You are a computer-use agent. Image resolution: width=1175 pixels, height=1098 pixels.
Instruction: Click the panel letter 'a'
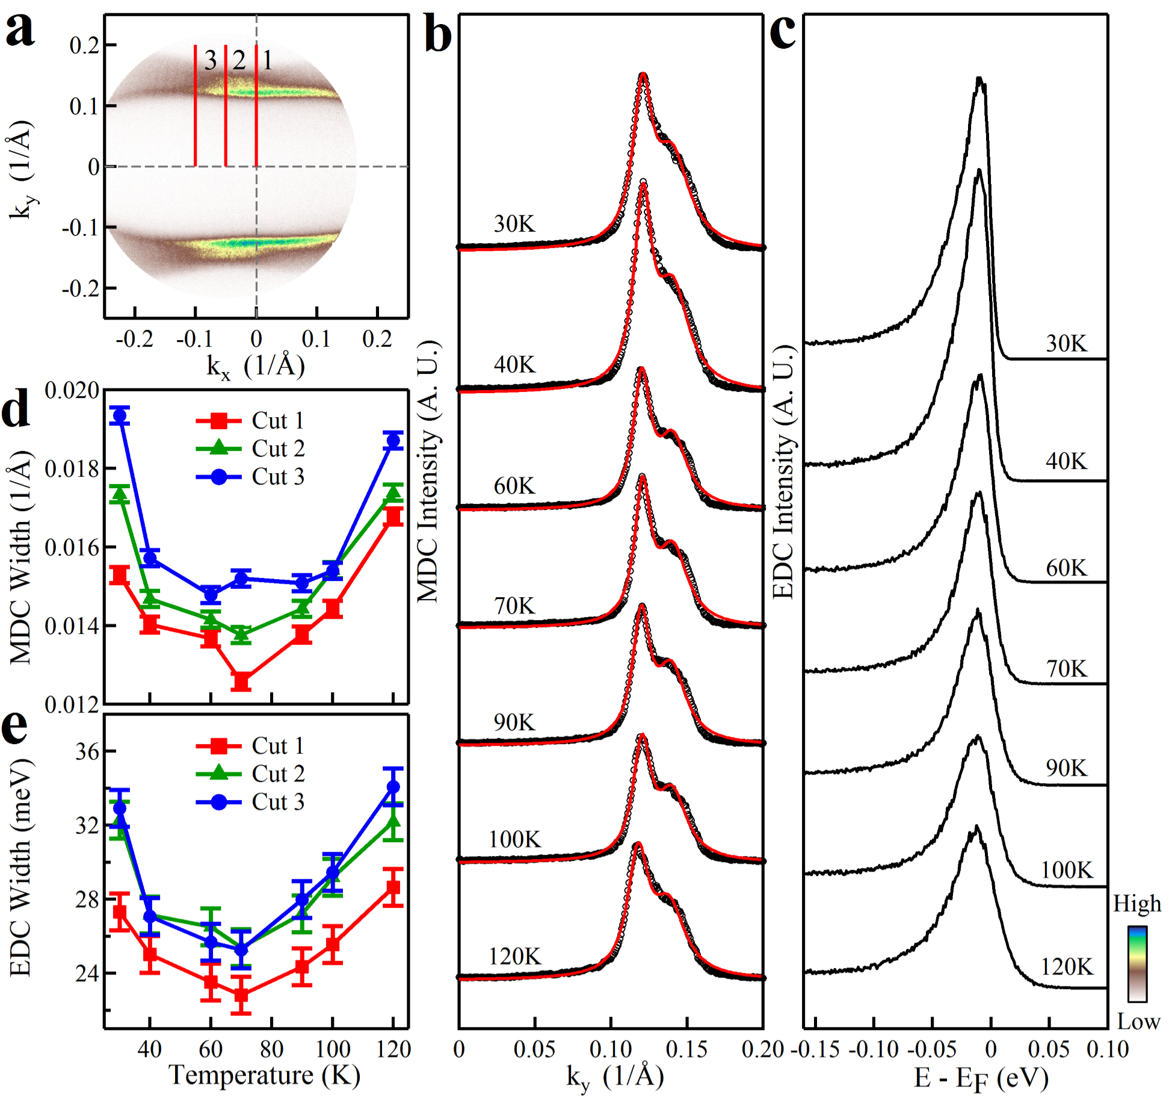tap(20, 30)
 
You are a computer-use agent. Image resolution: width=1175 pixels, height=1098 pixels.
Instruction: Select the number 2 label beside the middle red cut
tap(239, 60)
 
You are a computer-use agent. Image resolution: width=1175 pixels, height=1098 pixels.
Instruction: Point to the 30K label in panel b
tap(514, 224)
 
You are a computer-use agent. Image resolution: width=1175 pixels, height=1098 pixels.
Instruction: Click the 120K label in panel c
tap(1067, 967)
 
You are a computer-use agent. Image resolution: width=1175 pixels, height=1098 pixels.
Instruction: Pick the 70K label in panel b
tap(514, 606)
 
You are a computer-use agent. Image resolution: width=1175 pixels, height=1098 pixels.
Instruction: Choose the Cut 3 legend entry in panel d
tap(251, 477)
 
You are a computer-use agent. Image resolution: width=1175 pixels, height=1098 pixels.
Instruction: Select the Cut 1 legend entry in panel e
tap(251, 746)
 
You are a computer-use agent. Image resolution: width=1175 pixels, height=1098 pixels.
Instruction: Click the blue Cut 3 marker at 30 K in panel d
tap(120, 415)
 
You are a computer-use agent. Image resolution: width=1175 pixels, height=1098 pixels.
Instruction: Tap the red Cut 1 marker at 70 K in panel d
tap(241, 681)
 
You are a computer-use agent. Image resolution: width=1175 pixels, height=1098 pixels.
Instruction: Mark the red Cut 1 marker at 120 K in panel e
tap(393, 887)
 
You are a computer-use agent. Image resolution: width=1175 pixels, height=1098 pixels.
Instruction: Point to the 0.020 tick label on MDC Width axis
tap(72, 390)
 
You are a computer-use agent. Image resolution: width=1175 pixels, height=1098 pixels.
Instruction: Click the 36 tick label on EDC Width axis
tap(87, 752)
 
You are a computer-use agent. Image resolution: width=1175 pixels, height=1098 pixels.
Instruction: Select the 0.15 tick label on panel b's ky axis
tap(686, 1049)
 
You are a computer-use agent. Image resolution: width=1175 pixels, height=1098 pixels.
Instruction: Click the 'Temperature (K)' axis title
tap(265, 1075)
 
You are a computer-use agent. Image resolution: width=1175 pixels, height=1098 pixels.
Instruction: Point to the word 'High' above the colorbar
tap(1136, 904)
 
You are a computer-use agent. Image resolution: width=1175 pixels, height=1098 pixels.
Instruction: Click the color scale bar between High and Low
tap(1137, 963)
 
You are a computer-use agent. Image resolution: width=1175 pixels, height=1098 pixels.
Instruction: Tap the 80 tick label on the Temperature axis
tap(271, 1049)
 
